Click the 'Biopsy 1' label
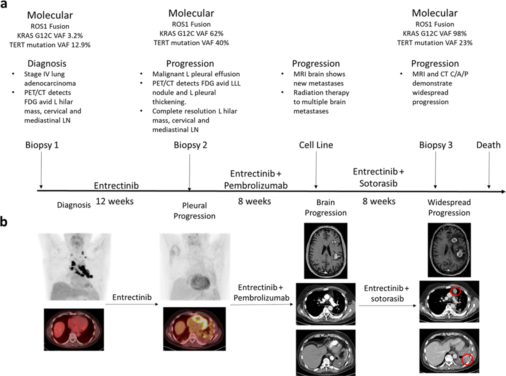click(x=40, y=145)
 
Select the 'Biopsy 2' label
click(x=190, y=145)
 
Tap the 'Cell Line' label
click(x=316, y=145)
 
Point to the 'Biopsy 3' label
click(x=435, y=145)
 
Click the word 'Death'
click(x=488, y=145)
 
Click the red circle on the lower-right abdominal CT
click(x=468, y=360)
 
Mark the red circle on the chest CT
click(x=456, y=291)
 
